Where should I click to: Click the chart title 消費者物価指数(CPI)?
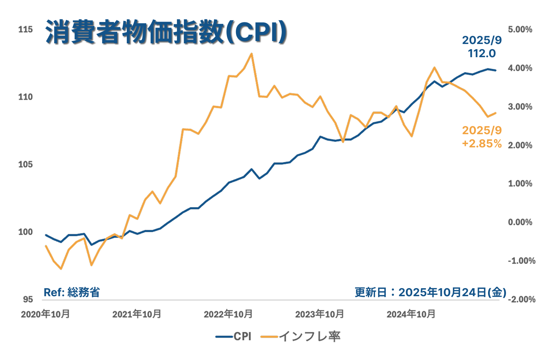166,32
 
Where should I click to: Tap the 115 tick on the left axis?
26,29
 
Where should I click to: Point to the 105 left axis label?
26,164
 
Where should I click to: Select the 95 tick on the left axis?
28,300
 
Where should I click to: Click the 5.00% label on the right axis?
520,29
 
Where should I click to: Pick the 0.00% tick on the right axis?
520,222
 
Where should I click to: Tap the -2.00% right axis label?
521,300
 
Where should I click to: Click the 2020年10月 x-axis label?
45,314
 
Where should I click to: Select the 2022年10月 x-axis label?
228,314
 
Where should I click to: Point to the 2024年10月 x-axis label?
411,314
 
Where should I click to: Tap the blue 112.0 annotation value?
481,54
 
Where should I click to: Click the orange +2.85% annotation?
481,143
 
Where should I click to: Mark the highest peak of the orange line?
251,54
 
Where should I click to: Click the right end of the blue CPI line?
496,70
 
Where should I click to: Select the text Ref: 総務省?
71,292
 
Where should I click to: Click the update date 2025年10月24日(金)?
452,292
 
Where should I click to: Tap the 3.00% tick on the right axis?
520,107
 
